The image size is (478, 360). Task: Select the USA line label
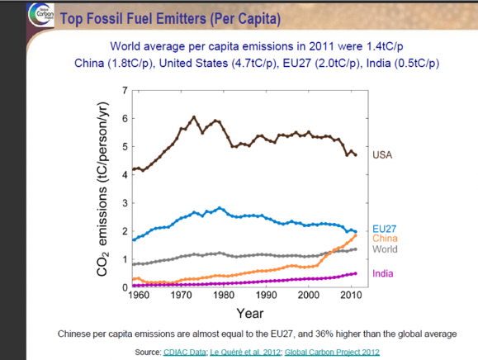coord(382,154)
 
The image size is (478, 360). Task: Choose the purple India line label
coord(383,273)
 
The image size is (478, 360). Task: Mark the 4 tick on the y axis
coord(124,174)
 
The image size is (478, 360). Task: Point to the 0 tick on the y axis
coord(124,287)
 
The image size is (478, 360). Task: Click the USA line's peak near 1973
coord(193,117)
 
